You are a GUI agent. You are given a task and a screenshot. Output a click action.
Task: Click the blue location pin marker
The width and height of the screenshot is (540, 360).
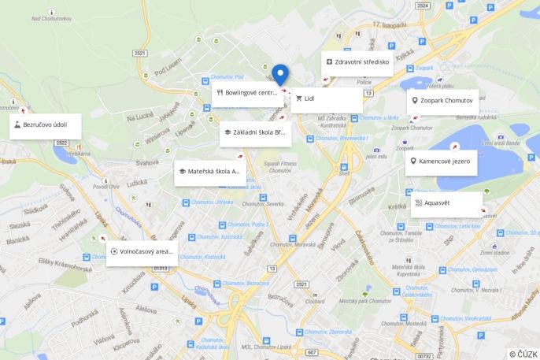pos(280,74)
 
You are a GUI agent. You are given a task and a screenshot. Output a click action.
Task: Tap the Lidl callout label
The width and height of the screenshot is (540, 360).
pos(326,99)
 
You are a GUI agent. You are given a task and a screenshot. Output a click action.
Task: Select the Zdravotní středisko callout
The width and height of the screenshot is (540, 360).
pos(356,61)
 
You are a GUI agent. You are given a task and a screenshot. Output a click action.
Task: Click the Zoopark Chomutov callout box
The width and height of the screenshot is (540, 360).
pos(443,101)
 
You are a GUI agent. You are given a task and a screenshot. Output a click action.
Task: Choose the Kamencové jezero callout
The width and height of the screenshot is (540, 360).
pos(442,162)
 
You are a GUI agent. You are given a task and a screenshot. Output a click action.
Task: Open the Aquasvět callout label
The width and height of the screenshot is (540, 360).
pos(446,203)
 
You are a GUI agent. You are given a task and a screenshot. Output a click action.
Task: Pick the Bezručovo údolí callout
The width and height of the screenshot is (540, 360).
pos(46,125)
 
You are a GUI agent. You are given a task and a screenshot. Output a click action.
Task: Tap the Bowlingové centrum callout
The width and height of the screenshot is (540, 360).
pos(247,93)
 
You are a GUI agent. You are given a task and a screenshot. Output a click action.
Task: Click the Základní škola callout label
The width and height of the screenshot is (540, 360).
pos(255,132)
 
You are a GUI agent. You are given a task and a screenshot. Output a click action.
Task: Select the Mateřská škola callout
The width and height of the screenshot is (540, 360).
pos(209,172)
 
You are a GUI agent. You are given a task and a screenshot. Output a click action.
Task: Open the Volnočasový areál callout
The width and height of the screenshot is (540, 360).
pos(142,252)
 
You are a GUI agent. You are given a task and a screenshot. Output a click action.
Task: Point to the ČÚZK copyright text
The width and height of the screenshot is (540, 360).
pos(523,354)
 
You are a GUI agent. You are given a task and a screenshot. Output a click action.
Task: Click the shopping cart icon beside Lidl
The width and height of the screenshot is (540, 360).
pos(299,99)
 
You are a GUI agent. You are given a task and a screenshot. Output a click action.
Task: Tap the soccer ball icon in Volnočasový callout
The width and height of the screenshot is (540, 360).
pos(114,252)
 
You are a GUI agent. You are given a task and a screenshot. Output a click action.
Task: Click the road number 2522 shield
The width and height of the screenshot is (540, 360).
pos(61,143)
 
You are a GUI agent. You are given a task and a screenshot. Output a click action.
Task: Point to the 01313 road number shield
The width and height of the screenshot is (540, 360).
pos(161,269)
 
